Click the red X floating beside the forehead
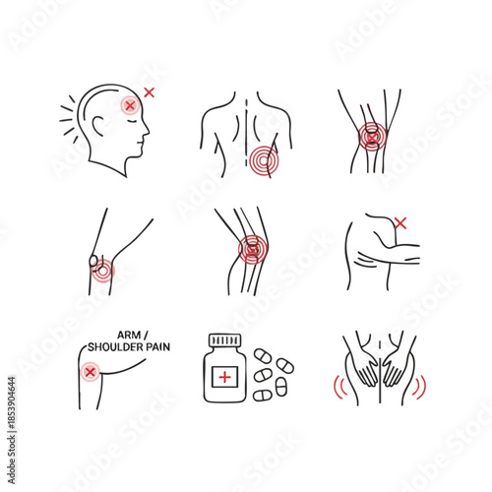click(150, 92)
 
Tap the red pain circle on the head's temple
click(129, 104)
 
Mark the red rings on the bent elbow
click(102, 267)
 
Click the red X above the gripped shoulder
click(400, 223)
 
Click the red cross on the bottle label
click(224, 378)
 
